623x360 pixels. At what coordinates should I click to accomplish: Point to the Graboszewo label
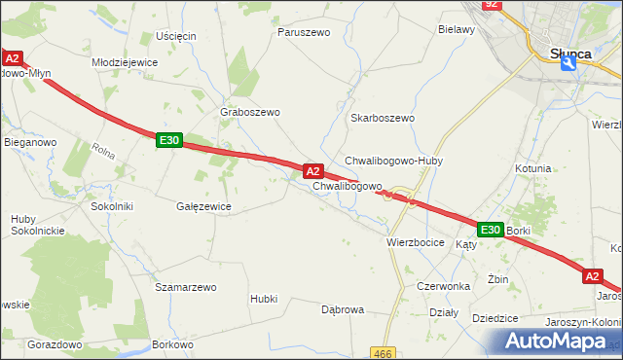point(251,112)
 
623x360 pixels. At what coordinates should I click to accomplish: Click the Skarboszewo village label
point(382,118)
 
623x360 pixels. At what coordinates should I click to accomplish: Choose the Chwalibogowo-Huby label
point(393,161)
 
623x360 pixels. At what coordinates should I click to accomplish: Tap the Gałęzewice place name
point(202,206)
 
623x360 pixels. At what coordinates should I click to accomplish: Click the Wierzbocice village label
point(416,241)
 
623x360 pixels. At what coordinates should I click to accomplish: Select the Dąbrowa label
point(342,309)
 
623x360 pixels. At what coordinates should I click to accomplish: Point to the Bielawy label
point(456,30)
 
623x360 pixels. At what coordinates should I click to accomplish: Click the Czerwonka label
point(444,287)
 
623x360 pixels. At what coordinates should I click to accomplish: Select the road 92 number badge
point(492,5)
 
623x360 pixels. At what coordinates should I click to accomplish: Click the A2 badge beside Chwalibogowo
point(313,170)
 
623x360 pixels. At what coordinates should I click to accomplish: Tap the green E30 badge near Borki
point(490,230)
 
